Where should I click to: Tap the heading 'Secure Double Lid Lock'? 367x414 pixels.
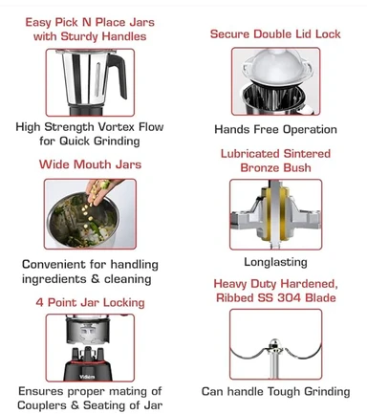[275, 34]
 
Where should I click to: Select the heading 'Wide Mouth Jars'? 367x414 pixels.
[90, 164]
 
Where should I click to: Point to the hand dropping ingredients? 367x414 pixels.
[100, 189]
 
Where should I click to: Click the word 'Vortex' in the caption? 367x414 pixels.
[117, 127]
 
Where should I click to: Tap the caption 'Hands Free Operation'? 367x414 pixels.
[275, 129]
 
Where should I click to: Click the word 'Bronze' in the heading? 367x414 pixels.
[258, 167]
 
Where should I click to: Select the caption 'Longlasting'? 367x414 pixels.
[275, 262]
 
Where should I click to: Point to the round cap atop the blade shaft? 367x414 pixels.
[274, 344]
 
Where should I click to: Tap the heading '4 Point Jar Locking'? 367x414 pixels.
[90, 302]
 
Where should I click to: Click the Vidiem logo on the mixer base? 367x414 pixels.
[87, 377]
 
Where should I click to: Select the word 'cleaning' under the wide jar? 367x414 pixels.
[127, 279]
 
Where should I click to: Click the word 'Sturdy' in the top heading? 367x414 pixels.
[79, 36]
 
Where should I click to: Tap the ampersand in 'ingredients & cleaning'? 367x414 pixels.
[96, 279]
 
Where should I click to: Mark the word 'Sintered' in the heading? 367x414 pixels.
[307, 154]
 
